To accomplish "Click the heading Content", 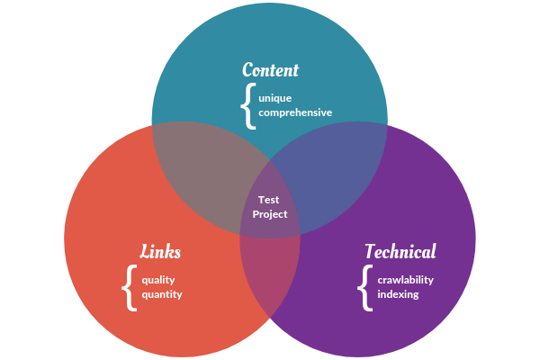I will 270,69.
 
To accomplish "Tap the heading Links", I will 160,251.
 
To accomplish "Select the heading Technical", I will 400,252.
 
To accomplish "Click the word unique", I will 275,97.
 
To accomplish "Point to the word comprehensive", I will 295,112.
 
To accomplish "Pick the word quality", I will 158,279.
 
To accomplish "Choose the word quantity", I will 162,294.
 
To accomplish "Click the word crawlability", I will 405,279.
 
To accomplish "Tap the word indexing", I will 398,294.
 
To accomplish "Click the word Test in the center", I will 269,200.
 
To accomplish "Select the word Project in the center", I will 270,214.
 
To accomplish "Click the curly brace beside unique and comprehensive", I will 247,104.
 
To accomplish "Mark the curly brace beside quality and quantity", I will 129,287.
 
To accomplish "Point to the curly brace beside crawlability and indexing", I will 364,287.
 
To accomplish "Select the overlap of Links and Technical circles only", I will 270,270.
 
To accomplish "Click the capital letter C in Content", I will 248,69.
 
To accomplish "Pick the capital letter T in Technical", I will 370,251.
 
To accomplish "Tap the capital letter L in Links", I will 146,251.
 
